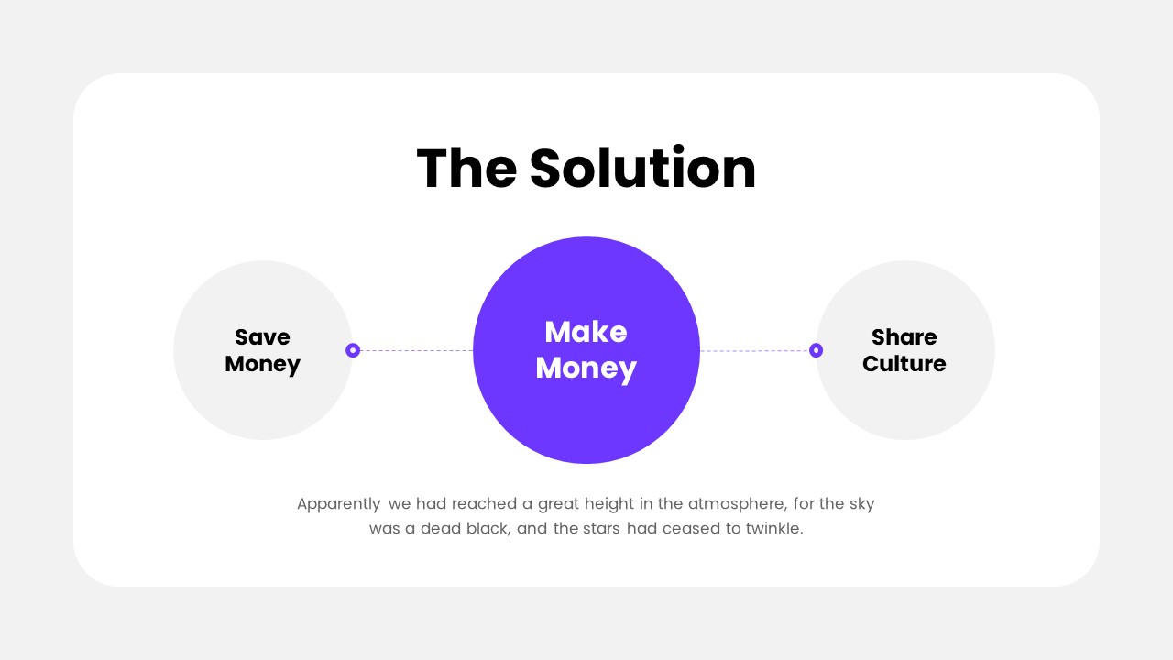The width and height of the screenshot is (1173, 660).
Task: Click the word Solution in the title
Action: click(x=642, y=169)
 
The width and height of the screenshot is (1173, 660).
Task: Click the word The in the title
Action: click(x=466, y=169)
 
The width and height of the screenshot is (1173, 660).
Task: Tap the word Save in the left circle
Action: click(x=262, y=337)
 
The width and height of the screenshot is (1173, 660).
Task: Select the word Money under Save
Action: click(x=262, y=364)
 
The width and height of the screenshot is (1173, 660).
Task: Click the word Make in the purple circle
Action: click(x=586, y=332)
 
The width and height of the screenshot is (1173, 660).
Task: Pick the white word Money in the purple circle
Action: click(x=586, y=368)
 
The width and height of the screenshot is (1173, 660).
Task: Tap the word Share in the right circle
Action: click(x=904, y=337)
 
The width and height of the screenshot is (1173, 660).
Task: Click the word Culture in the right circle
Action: click(x=904, y=364)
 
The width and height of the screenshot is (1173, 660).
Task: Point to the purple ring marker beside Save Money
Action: click(x=353, y=350)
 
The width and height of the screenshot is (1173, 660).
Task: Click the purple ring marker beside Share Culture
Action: click(x=816, y=350)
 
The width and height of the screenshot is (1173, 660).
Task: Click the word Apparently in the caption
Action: click(x=338, y=504)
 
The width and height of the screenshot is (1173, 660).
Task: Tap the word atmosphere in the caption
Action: click(x=732, y=503)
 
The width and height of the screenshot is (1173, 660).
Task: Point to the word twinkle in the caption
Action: click(x=773, y=529)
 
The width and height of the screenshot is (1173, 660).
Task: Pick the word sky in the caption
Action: click(x=861, y=504)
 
